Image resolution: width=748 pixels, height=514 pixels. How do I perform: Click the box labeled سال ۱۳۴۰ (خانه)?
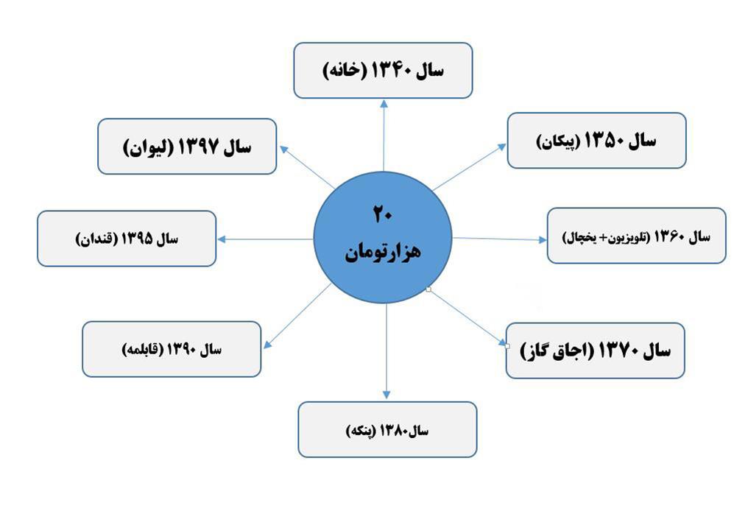(x=383, y=70)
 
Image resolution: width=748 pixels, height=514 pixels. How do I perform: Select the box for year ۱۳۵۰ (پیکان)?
(x=596, y=141)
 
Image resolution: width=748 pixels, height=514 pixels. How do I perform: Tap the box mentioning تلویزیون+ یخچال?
(x=636, y=236)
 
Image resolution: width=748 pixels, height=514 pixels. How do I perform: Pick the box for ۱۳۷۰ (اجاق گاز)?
(x=595, y=351)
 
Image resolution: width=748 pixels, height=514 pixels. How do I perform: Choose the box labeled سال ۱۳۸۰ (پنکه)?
(x=387, y=429)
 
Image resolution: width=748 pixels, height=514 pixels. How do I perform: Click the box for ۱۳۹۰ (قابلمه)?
(x=172, y=349)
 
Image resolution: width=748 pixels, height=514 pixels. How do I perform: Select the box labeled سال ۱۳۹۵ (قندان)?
(x=127, y=239)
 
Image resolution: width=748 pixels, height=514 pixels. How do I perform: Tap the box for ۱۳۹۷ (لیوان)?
(x=187, y=147)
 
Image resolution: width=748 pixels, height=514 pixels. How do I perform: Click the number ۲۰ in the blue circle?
(x=383, y=214)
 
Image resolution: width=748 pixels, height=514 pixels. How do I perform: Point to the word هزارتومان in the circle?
(x=383, y=252)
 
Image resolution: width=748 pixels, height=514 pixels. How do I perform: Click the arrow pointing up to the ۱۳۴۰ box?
(x=384, y=135)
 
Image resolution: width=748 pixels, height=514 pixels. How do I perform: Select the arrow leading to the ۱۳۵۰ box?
(x=470, y=166)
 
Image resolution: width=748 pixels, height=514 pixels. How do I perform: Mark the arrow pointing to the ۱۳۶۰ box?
(x=499, y=239)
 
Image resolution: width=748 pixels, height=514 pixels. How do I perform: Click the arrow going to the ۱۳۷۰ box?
(x=468, y=317)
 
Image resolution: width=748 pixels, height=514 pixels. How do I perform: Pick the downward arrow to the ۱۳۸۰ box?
(x=387, y=351)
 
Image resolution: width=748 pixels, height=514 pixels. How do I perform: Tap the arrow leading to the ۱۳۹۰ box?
(x=297, y=316)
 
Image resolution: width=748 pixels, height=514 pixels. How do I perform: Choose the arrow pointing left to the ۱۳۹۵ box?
(x=265, y=239)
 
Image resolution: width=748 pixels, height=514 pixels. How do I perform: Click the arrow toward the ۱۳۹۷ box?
(x=307, y=166)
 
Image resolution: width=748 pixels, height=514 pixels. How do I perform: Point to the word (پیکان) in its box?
(x=558, y=142)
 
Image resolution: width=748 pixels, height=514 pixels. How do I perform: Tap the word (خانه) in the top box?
(x=345, y=71)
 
